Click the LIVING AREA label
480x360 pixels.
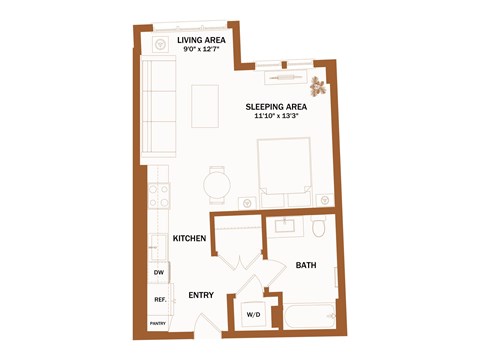click(200, 40)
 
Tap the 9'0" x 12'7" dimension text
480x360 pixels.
click(200, 51)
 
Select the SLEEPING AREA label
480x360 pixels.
click(276, 105)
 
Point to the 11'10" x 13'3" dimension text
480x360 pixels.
click(276, 116)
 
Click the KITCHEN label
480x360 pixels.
click(189, 238)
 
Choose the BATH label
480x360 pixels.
click(306, 265)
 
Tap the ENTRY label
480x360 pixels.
click(203, 296)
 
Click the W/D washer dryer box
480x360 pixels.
click(252, 315)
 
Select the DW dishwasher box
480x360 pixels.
click(158, 272)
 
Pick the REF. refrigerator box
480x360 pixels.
click(158, 299)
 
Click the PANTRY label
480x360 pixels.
click(158, 323)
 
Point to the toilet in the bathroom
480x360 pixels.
click(318, 229)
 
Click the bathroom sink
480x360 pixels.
click(285, 226)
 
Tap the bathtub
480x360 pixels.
click(310, 318)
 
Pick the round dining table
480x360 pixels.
click(216, 184)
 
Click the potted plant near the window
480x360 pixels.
click(319, 84)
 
